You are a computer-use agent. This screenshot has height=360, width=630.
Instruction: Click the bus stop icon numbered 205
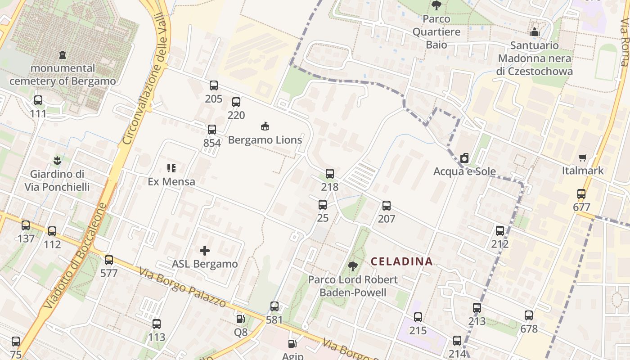click(214, 85)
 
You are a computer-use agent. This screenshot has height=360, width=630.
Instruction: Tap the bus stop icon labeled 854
click(212, 130)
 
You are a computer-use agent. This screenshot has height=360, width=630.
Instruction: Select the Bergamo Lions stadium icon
click(265, 126)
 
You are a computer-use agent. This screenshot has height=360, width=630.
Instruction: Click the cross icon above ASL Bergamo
click(205, 251)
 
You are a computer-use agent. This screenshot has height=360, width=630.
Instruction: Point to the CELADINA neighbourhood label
click(401, 261)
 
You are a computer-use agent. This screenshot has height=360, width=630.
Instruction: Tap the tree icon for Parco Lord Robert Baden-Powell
click(353, 266)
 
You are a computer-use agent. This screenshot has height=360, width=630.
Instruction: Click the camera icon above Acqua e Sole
click(464, 158)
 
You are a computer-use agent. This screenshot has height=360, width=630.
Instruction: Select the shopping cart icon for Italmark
click(583, 157)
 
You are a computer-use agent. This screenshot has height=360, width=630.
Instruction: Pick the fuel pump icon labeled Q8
click(241, 319)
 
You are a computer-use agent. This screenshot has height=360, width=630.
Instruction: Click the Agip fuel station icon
click(292, 344)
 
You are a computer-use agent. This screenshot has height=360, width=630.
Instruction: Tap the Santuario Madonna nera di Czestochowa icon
click(535, 32)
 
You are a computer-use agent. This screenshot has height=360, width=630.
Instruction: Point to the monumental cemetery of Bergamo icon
click(63, 55)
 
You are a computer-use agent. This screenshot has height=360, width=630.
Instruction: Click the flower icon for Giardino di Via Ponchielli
click(57, 160)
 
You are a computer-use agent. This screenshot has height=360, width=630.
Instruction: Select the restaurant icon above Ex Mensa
click(171, 168)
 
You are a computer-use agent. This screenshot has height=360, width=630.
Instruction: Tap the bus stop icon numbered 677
click(581, 194)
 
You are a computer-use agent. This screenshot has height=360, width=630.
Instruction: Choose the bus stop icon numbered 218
click(330, 173)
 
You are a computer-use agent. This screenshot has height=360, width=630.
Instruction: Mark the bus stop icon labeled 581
click(274, 306)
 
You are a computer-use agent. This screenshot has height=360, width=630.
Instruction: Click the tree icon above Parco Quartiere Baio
click(436, 5)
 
